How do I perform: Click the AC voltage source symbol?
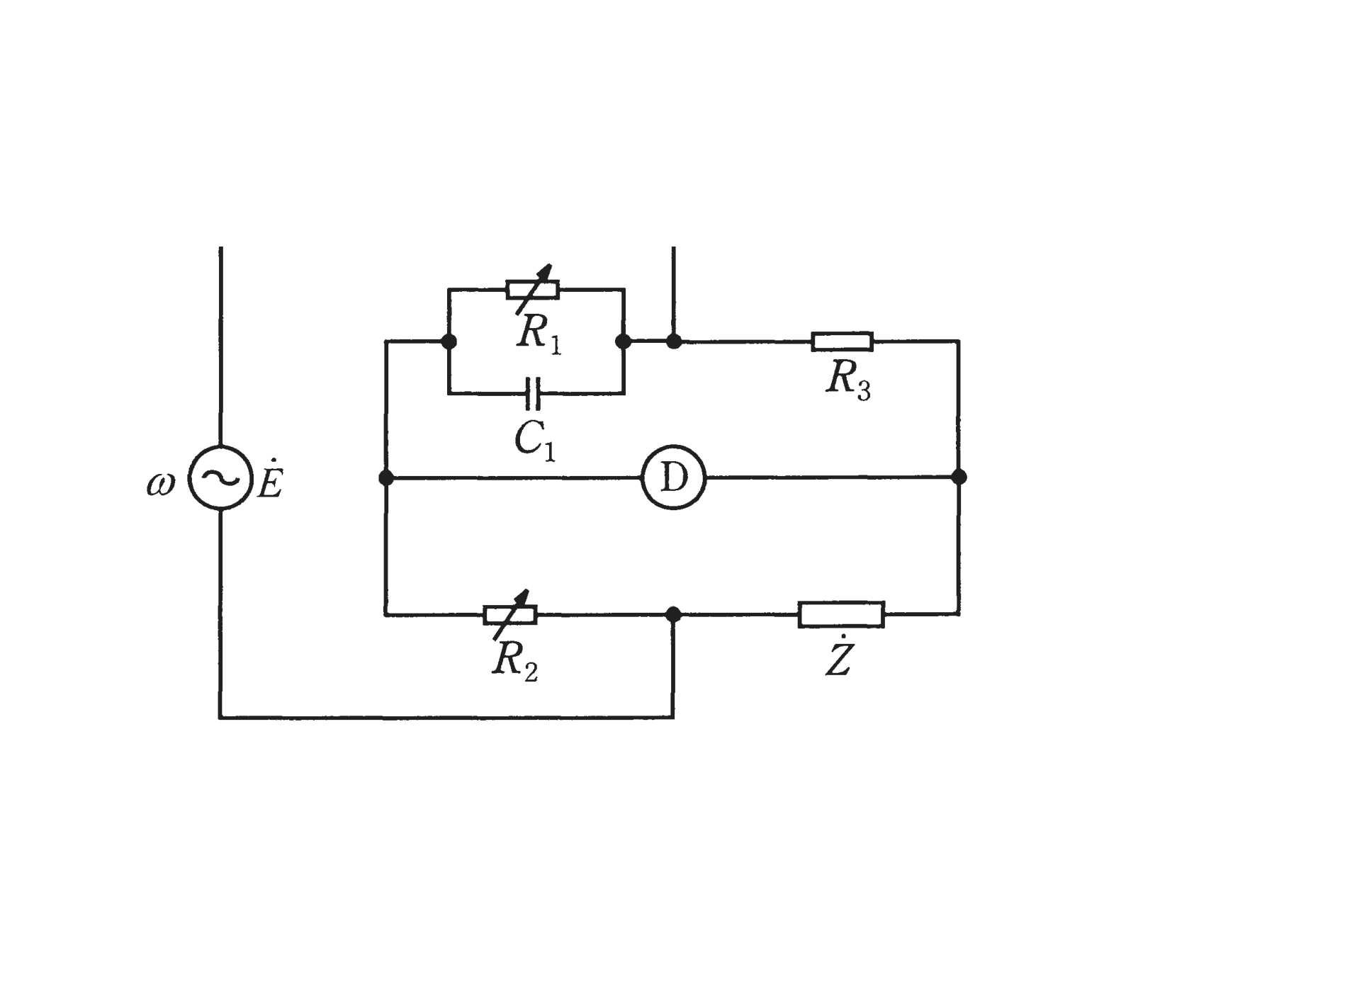pyautogui.click(x=220, y=477)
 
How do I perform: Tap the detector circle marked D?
pyautogui.click(x=673, y=477)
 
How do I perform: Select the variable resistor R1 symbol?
pyautogui.click(x=533, y=289)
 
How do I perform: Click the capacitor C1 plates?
pyautogui.click(x=534, y=394)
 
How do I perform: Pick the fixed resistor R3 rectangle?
pyautogui.click(x=842, y=341)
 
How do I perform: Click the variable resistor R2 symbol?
pyautogui.click(x=510, y=614)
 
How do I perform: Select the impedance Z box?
pyautogui.click(x=841, y=614)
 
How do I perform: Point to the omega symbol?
pyautogui.click(x=160, y=484)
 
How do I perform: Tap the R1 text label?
pyautogui.click(x=539, y=334)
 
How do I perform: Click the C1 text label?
pyautogui.click(x=535, y=441)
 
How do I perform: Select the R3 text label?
pyautogui.click(x=848, y=381)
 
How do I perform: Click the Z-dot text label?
pyautogui.click(x=838, y=656)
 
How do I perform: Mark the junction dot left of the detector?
pyautogui.click(x=386, y=477)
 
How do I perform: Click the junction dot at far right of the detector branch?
pyautogui.click(x=959, y=477)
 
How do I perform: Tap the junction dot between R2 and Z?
pyautogui.click(x=673, y=614)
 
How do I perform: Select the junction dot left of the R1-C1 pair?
pyautogui.click(x=449, y=341)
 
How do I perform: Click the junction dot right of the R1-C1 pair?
pyautogui.click(x=623, y=341)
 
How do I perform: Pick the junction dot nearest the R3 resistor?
pyautogui.click(x=673, y=341)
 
